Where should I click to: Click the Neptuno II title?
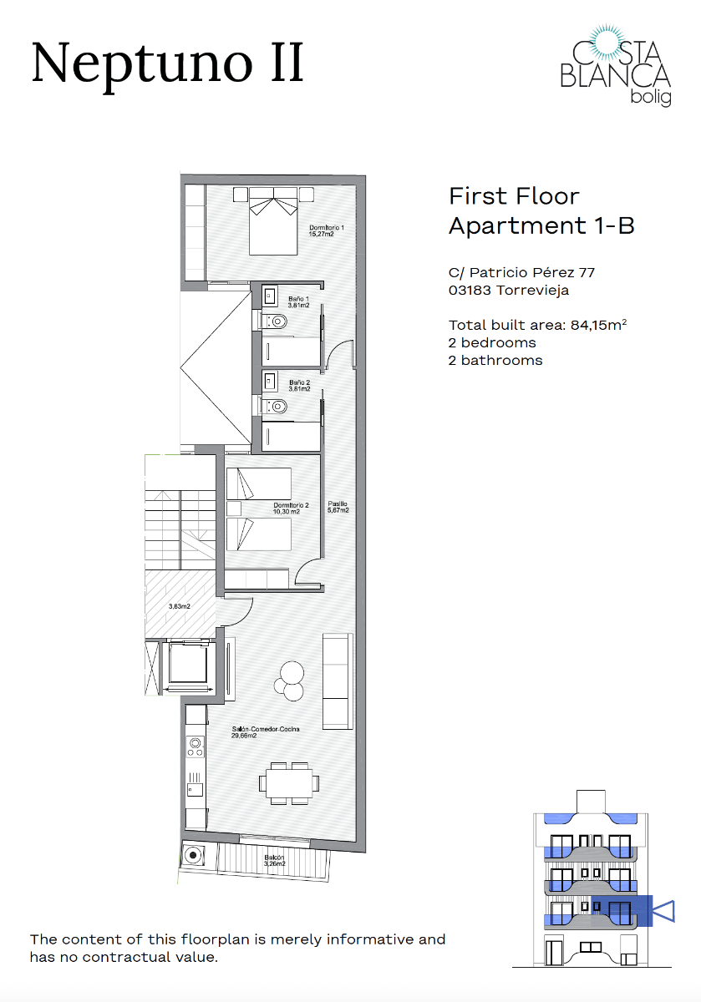pos(167,63)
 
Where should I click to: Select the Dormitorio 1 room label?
pos(327,231)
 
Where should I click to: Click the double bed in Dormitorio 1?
pos(272,222)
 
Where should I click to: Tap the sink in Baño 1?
pos(270,295)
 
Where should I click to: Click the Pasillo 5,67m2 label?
pos(338,507)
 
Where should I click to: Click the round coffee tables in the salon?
pos(292,680)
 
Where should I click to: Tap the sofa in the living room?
pos(338,680)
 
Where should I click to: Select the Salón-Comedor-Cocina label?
pos(266,732)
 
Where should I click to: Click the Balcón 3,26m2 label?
pos(275,861)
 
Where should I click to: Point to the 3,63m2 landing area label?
pos(179,606)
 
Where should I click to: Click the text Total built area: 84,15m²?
pos(538,326)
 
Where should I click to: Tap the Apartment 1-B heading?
pos(541,225)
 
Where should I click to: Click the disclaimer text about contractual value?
pos(237,948)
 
